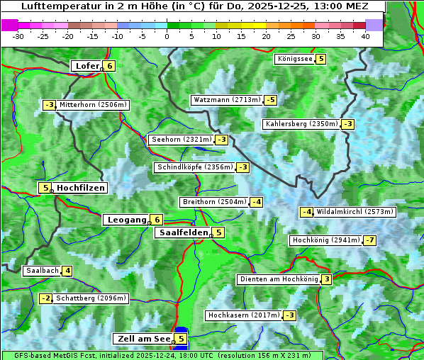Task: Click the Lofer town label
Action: click(x=87, y=66)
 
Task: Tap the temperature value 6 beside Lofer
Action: click(x=109, y=66)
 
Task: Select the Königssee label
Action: click(x=294, y=59)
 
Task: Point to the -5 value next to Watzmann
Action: click(x=270, y=100)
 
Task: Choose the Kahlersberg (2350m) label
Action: click(x=301, y=124)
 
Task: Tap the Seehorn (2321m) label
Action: click(x=181, y=140)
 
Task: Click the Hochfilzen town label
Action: click(x=81, y=188)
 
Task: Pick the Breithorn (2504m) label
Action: click(x=213, y=202)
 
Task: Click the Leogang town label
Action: click(x=126, y=220)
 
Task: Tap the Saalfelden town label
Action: click(x=183, y=232)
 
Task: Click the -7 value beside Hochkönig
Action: click(x=370, y=240)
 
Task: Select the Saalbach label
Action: click(x=42, y=271)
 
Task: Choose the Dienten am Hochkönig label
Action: click(x=278, y=279)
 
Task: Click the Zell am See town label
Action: click(x=143, y=339)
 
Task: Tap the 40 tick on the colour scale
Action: click(x=365, y=35)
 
